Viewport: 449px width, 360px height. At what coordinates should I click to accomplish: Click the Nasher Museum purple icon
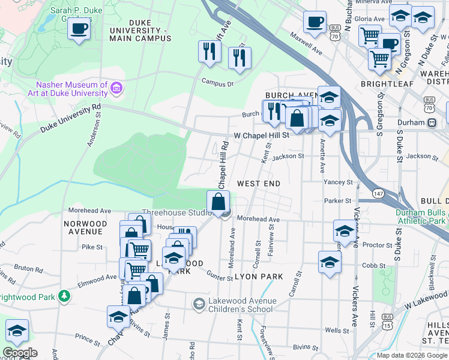point(116,89)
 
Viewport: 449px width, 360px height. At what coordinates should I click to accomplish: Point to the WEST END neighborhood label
point(259,182)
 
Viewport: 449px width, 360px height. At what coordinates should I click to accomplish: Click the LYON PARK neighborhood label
point(258,276)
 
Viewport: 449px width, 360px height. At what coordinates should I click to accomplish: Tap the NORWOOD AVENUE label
point(85,227)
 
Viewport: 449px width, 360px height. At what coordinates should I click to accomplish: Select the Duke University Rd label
point(71,118)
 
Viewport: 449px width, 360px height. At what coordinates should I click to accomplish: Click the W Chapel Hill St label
point(262,135)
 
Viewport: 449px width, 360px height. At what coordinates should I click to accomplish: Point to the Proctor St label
point(377,245)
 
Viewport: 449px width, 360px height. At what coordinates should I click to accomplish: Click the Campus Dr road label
point(217,83)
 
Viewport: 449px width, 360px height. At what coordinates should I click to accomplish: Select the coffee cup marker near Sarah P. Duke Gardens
point(79,28)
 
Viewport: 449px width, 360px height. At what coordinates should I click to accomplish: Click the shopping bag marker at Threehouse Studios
point(218,201)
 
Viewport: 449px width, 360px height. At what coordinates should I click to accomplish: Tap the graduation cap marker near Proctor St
point(345,230)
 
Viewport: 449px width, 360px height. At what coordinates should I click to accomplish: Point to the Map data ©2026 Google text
point(412,355)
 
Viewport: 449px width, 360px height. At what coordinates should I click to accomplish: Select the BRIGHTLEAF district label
point(387,84)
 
